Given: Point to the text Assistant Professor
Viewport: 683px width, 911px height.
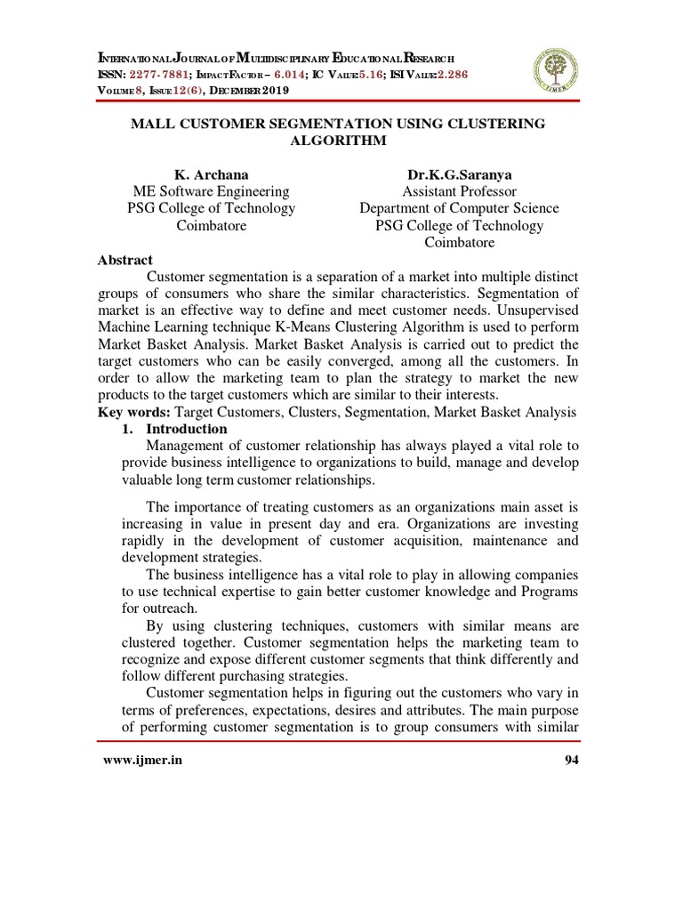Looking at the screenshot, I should [459, 191].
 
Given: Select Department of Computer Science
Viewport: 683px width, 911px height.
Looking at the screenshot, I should [459, 208].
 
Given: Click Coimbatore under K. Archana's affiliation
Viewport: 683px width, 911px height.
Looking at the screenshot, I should [211, 225].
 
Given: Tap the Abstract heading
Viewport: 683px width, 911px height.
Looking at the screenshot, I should [125, 260].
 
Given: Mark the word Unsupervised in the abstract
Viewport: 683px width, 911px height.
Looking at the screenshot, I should [535, 310].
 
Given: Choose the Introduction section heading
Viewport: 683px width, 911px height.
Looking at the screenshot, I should [187, 429].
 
